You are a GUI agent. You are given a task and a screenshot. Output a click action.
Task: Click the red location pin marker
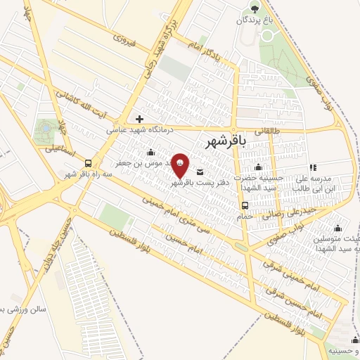pyautogui.click(x=181, y=165)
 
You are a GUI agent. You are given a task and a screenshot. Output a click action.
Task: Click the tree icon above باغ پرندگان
pyautogui.click(x=254, y=8)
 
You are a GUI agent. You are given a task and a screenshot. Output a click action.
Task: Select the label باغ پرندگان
pyautogui.click(x=255, y=20)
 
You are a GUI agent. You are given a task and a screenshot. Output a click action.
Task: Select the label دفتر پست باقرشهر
pyautogui.click(x=191, y=182)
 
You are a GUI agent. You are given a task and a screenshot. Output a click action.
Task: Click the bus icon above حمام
pyautogui.click(x=244, y=205)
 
